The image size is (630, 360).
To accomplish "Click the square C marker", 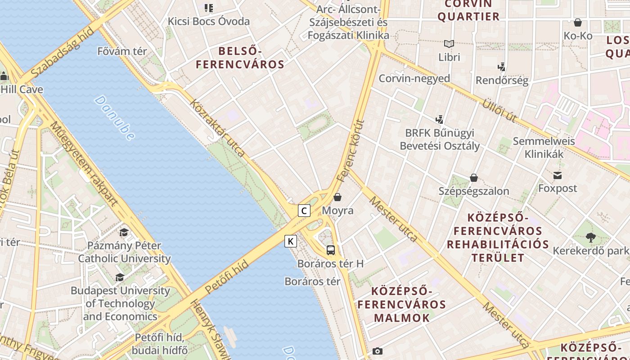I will [304, 210].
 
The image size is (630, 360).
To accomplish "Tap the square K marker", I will [291, 241].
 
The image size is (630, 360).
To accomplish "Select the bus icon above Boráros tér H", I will [330, 250].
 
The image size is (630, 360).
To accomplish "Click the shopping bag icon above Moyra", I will [337, 197].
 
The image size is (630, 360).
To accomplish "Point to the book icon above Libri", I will [449, 44].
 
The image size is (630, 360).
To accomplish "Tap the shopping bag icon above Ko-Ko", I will [578, 22].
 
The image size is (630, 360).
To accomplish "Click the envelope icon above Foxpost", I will [558, 175].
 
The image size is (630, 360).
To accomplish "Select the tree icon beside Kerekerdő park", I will [591, 237].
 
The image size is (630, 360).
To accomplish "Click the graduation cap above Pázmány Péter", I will [124, 232].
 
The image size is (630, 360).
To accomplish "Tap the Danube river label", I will [114, 118].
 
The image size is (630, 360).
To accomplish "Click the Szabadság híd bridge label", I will [63, 52].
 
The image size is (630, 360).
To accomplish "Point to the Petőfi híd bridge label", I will [226, 276].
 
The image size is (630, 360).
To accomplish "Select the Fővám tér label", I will [122, 51].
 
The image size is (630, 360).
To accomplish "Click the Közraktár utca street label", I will [218, 128].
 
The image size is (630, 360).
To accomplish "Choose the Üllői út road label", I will [499, 109].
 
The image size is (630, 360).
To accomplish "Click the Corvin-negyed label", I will [414, 78].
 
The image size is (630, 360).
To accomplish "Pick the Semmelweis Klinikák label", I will [544, 148].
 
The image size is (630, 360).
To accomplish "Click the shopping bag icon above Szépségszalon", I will [473, 177].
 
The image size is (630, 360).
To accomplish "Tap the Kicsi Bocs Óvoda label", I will [208, 21].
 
